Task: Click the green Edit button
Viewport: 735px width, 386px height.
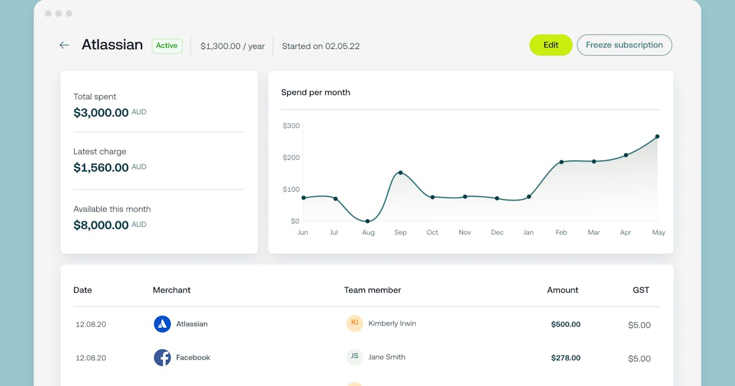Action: (551, 45)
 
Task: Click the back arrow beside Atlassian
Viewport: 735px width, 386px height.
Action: (64, 45)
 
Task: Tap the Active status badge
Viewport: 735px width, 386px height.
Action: (167, 46)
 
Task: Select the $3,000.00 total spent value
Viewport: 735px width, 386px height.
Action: (101, 113)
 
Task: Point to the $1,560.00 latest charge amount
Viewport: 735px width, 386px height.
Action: (101, 168)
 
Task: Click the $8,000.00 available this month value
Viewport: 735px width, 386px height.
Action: (101, 225)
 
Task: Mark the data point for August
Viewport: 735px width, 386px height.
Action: (367, 221)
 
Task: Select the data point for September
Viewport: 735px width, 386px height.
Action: (401, 173)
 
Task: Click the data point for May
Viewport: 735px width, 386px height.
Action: (657, 137)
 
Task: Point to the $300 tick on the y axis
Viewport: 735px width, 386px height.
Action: (291, 126)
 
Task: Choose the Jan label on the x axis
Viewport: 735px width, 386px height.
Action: (528, 233)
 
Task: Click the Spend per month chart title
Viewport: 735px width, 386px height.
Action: (315, 93)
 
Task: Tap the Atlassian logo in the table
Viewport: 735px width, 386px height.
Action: (162, 324)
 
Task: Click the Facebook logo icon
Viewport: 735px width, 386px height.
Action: (162, 358)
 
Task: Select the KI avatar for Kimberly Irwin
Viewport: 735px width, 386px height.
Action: (355, 324)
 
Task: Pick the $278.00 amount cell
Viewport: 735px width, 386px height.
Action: (565, 358)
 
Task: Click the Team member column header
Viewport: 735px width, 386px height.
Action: (372, 290)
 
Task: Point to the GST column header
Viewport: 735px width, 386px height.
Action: (641, 290)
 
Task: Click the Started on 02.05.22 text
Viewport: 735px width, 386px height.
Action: (320, 46)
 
